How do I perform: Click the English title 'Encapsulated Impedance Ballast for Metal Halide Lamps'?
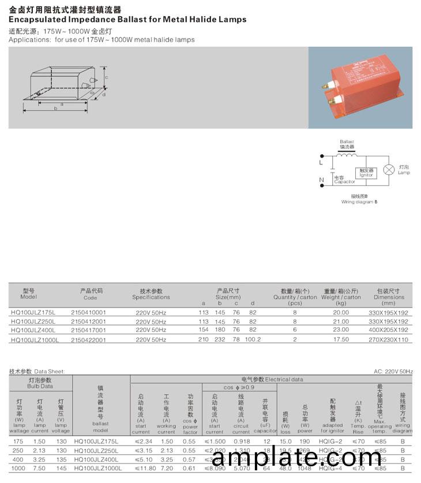[x=127, y=19]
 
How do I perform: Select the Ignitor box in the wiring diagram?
[x=366, y=173]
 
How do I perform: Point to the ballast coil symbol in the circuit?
[x=346, y=154]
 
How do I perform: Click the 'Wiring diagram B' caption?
[x=359, y=202]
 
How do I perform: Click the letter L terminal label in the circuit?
[x=321, y=163]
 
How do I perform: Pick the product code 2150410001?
[x=89, y=312]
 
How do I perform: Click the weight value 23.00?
[x=341, y=330]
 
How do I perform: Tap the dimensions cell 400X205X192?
[x=388, y=330]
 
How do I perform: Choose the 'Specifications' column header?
[x=151, y=297]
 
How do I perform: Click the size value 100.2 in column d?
[x=253, y=339]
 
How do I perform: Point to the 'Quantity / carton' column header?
[x=295, y=297]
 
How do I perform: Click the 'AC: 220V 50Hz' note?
[x=394, y=372]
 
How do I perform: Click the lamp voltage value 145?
[x=61, y=469]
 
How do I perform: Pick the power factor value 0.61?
[x=190, y=469]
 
